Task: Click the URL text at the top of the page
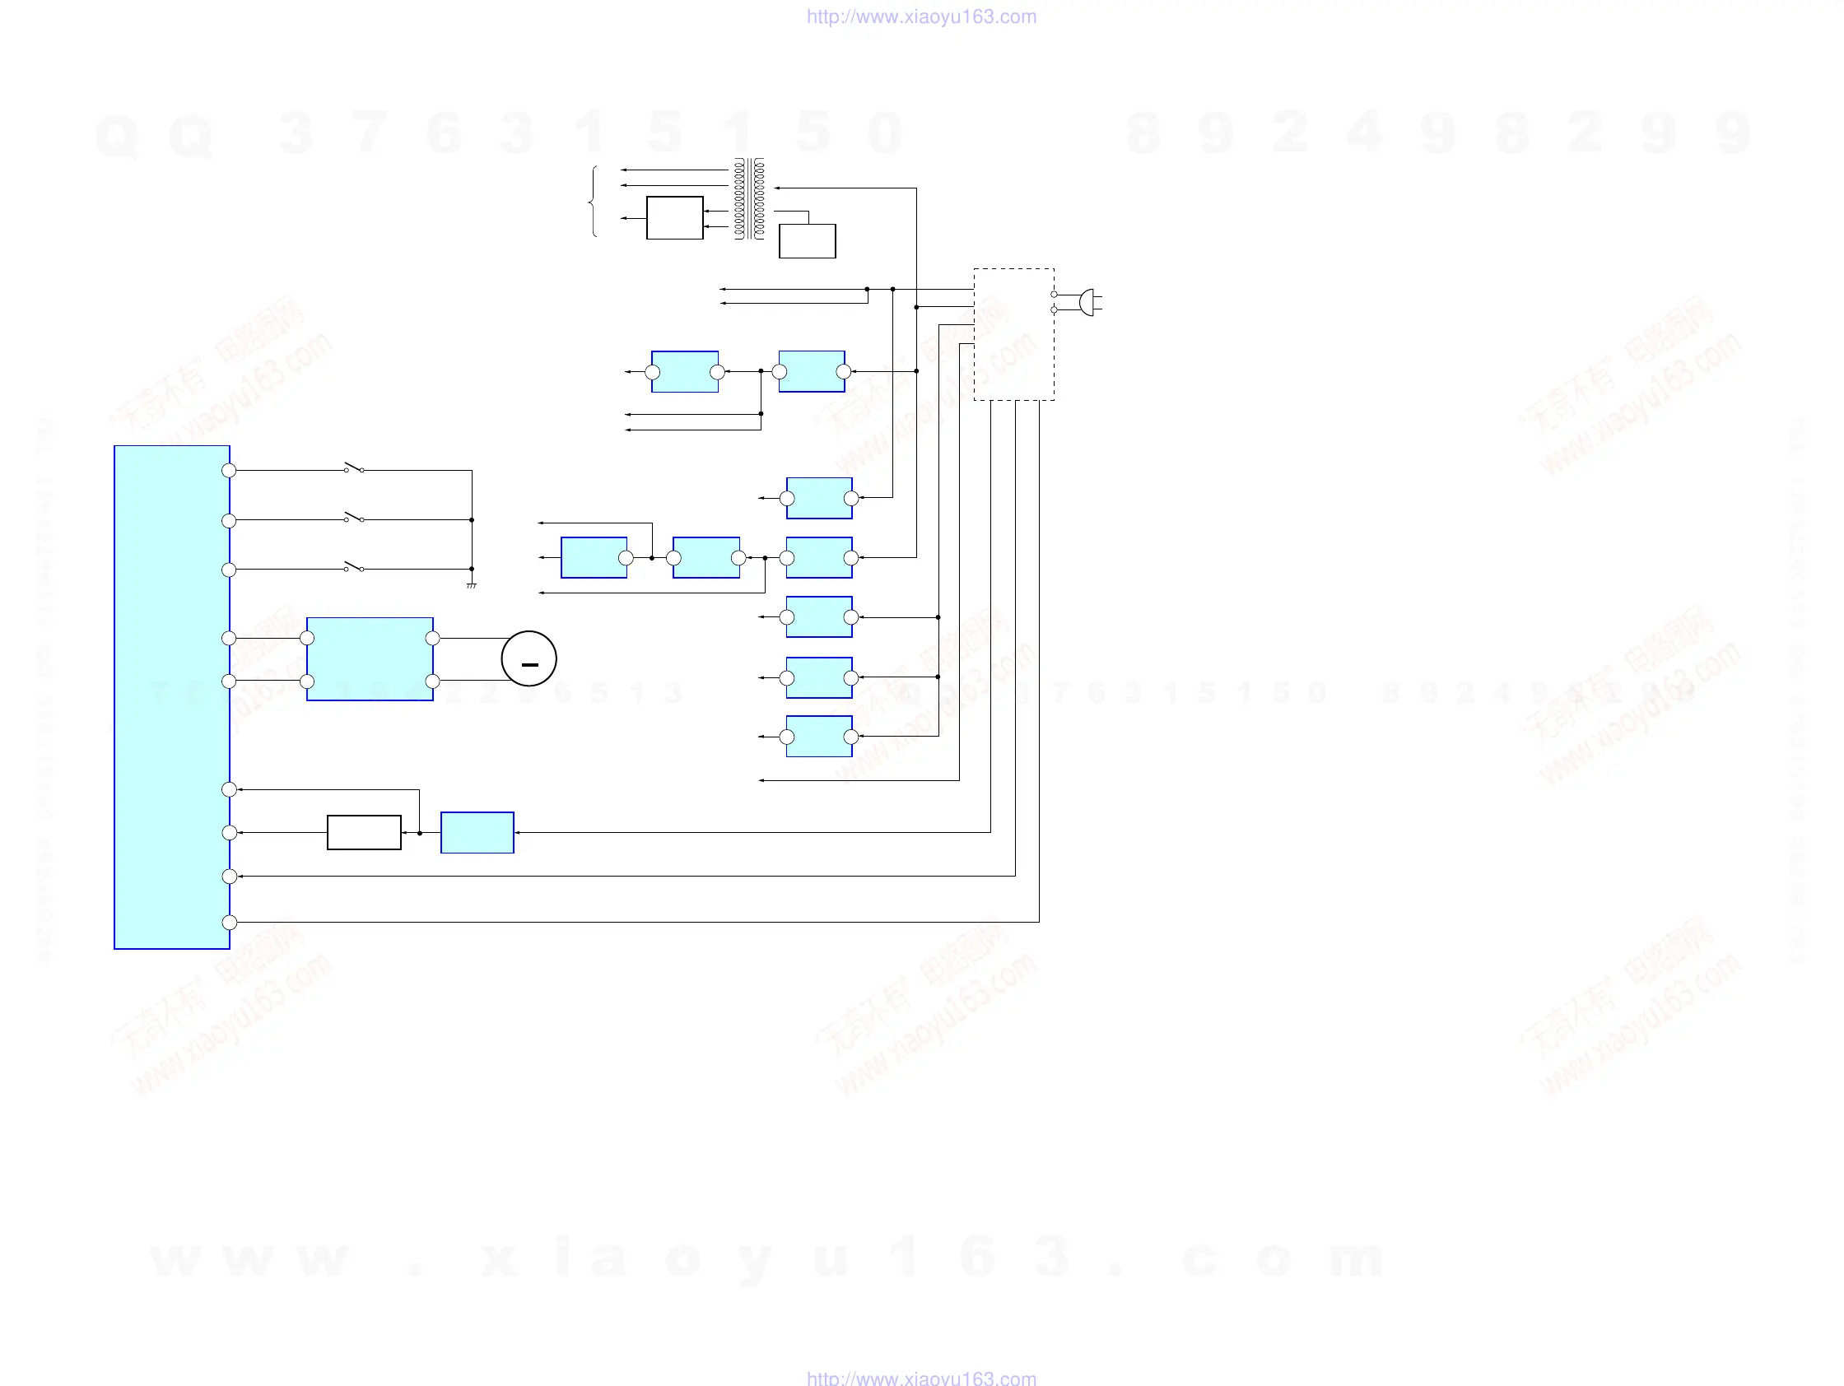pos(921,16)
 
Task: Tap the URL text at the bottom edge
pos(921,1378)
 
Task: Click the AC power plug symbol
pos(1088,302)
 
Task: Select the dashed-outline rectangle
pos(1013,334)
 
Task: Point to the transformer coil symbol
pos(748,199)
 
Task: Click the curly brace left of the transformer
pos(593,202)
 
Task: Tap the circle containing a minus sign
pos(529,658)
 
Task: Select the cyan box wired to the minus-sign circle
pos(370,659)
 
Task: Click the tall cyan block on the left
pos(172,697)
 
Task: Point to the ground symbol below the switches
pos(472,585)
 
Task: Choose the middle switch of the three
pos(354,518)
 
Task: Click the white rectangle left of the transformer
pos(674,217)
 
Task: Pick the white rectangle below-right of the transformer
pos(807,241)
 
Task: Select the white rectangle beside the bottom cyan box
pos(365,832)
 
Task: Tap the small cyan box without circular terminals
pos(477,832)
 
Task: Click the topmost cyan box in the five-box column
pos(818,499)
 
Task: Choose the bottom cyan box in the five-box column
pos(818,736)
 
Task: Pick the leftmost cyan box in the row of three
pos(594,557)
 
